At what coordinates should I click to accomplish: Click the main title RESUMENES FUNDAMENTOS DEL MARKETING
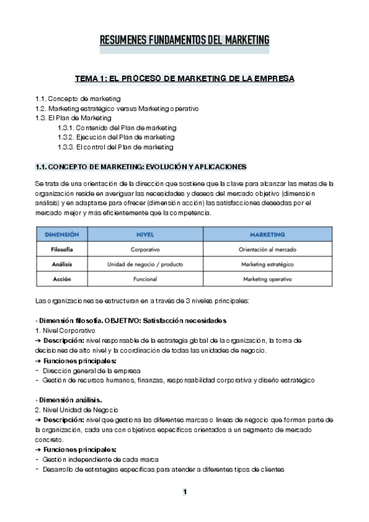coord(185,41)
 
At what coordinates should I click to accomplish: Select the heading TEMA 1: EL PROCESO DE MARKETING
coord(184,79)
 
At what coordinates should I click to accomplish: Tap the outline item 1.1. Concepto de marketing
coord(78,98)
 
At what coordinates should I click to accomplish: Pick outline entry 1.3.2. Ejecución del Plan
coord(116,137)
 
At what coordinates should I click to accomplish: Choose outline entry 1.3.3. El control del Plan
coord(115,147)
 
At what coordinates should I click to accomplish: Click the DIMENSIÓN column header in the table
coord(62,235)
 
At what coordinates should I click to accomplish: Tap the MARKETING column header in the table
coord(267,235)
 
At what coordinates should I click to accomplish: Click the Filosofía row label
coord(62,249)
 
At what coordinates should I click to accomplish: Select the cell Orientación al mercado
coord(267,249)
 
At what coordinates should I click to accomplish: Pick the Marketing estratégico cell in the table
coord(267,264)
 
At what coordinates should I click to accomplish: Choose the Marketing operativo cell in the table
coord(267,279)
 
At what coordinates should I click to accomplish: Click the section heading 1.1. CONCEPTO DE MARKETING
coord(141,167)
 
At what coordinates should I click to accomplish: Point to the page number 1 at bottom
coord(184,492)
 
